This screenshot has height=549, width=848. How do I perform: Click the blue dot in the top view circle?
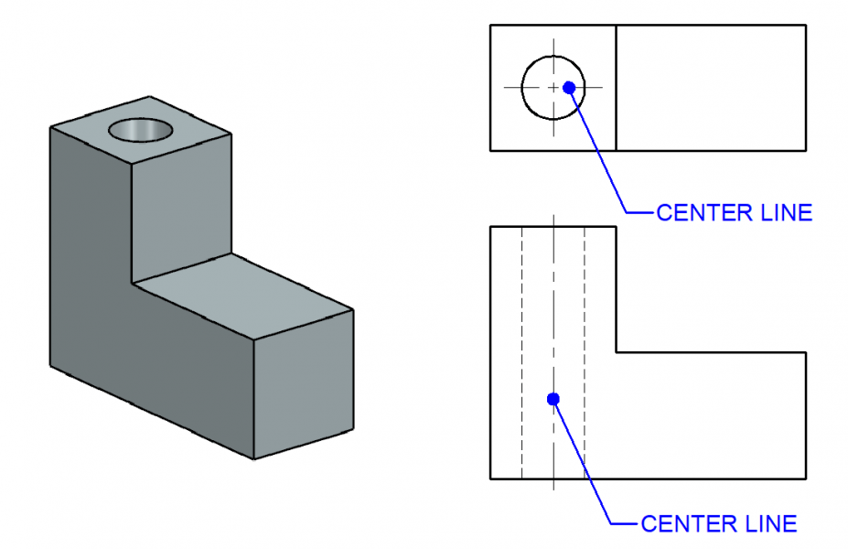pos(569,88)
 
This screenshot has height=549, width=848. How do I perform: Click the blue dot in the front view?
pos(553,398)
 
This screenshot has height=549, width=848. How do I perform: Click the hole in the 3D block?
pos(141,129)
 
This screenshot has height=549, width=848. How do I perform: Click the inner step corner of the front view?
pos(616,352)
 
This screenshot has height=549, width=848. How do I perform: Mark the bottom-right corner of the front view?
pos(806,479)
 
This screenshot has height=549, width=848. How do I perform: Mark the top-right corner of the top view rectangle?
pos(806,25)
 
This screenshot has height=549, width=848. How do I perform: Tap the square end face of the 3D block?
pos(302,384)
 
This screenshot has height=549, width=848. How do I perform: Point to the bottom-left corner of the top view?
pos(491,150)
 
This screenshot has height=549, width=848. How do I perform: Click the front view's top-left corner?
pos(491,226)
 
